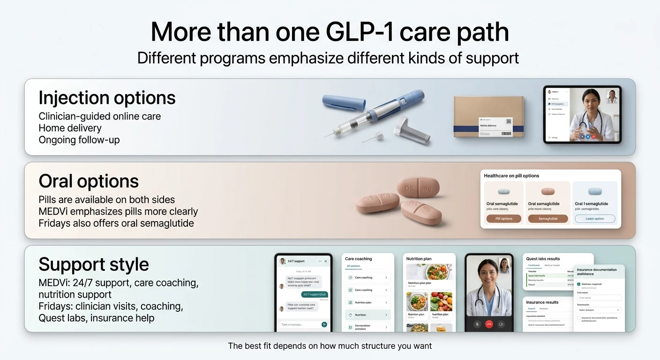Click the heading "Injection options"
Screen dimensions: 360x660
tap(107, 98)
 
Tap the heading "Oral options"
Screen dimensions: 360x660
tap(89, 181)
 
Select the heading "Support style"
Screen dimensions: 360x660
tap(93, 264)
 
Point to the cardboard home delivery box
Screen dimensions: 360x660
tap(488, 117)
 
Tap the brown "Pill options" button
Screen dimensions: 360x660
tap(504, 219)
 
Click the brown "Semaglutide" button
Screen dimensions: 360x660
tap(547, 219)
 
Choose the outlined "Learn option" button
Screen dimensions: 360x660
tap(594, 219)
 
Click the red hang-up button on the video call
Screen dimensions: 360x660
tap(489, 324)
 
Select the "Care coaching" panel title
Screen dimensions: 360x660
tap(358, 259)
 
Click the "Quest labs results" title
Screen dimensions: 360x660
tap(543, 259)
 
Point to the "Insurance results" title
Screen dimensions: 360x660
tap(542, 302)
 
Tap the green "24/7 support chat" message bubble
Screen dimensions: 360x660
tap(314, 294)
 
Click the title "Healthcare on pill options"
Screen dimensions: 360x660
tap(511, 176)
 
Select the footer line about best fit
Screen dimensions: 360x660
tap(330, 346)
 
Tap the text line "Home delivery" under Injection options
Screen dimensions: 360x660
tap(70, 128)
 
